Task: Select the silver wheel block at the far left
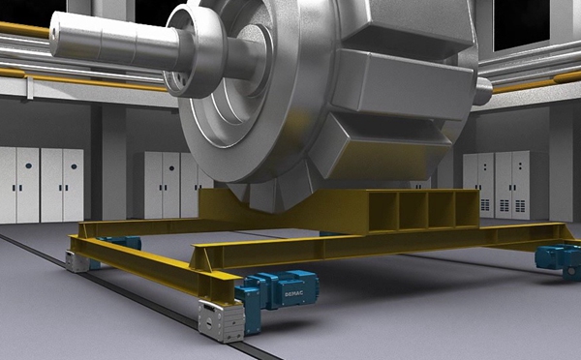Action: [76, 259]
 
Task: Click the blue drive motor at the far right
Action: [557, 258]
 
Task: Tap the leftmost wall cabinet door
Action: [7, 184]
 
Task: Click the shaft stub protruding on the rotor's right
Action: [482, 91]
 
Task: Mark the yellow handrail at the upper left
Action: [24, 30]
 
